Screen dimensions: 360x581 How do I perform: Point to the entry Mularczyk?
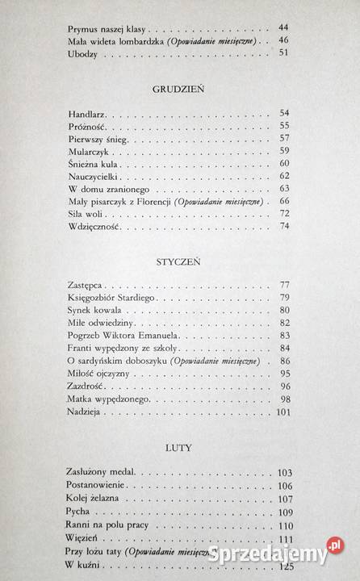[91, 150]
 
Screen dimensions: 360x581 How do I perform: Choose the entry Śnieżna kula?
[94, 163]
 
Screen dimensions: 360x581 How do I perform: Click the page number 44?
[283, 27]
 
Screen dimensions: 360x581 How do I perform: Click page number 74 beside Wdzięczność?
[283, 227]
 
